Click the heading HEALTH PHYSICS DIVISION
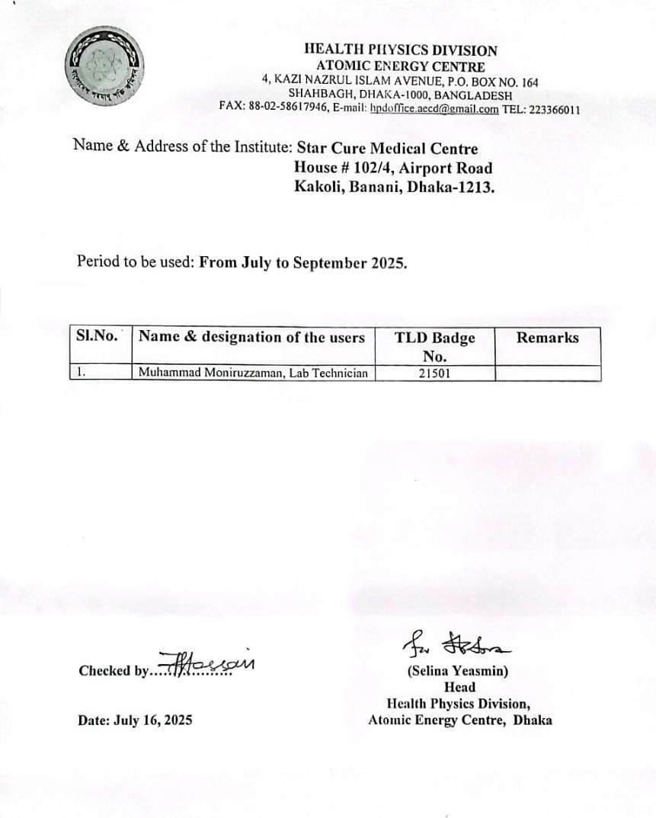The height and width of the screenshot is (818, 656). (400, 50)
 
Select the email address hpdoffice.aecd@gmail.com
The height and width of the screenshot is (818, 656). (434, 109)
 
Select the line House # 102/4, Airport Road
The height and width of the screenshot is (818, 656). (393, 168)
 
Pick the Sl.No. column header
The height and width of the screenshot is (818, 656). (97, 336)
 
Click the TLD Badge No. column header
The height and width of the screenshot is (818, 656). (434, 346)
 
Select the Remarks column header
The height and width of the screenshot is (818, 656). (547, 338)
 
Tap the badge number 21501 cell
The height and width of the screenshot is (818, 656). (434, 374)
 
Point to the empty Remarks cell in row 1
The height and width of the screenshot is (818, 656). (547, 374)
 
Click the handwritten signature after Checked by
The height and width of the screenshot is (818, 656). (206, 666)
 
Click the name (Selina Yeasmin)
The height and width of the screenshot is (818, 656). (459, 672)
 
